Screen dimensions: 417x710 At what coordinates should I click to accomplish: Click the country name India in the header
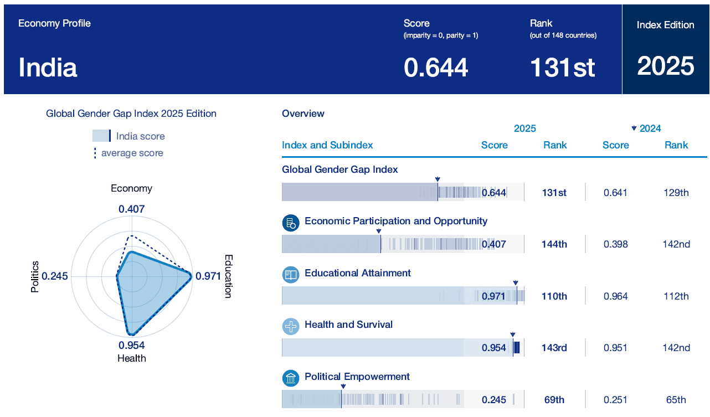[48, 68]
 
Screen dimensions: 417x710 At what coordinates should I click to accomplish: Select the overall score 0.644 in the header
[436, 68]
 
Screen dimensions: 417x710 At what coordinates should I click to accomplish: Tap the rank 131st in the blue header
[562, 68]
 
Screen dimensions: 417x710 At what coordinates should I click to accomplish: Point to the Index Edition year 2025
[666, 66]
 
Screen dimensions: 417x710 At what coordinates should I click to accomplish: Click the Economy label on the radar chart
[131, 188]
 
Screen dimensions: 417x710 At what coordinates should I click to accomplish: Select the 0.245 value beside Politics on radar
[55, 276]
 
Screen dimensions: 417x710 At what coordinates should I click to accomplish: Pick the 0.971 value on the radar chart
[208, 276]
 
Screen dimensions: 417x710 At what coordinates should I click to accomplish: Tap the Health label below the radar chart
[132, 358]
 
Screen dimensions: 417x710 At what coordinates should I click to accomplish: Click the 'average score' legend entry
[132, 153]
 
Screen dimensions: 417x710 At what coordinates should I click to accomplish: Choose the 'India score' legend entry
[140, 136]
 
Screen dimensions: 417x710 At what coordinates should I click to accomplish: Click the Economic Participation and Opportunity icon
[291, 223]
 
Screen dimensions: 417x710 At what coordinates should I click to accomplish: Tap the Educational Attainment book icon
[291, 275]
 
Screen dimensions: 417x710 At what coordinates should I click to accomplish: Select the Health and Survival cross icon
[291, 326]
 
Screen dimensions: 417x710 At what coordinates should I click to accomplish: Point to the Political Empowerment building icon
[291, 378]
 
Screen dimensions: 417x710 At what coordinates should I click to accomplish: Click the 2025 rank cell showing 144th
[554, 244]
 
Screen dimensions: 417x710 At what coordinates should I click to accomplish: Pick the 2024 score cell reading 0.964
[615, 296]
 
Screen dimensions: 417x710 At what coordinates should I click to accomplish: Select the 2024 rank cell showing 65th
[676, 400]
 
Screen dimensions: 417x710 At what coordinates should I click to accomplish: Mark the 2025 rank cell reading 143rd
[554, 348]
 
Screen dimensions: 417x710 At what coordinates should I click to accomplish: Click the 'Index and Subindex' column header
[327, 145]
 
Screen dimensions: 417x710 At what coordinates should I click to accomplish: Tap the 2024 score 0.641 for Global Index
[615, 193]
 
